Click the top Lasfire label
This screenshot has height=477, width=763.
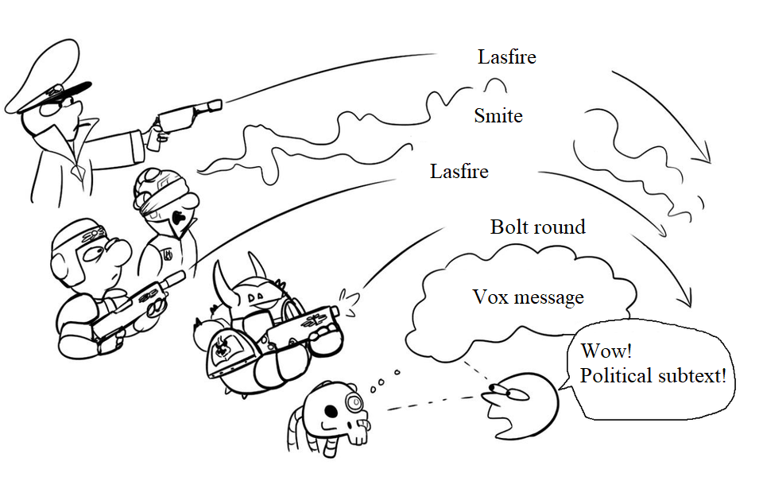coord(506,57)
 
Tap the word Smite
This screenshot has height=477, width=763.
coord(498,116)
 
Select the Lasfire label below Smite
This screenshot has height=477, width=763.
coord(459,172)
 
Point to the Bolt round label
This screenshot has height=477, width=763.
coord(538,227)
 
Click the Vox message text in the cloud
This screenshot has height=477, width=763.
coord(528,297)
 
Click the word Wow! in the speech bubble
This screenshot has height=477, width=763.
coord(606,351)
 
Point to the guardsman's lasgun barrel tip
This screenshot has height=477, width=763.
coord(180,277)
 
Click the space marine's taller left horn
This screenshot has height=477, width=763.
coord(223,282)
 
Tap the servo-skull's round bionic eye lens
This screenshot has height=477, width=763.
coord(354,402)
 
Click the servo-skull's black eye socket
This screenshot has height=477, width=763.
coord(331,412)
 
